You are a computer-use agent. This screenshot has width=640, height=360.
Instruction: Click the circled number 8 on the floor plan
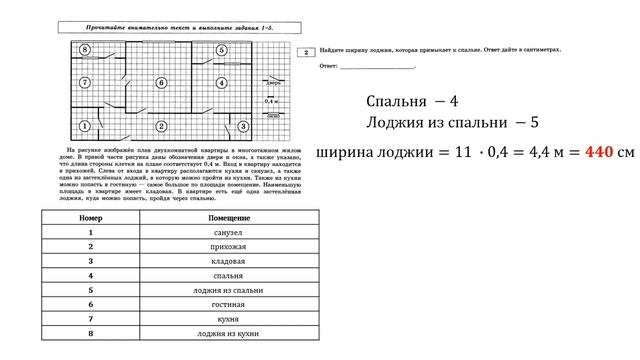pyautogui.click(x=85, y=48)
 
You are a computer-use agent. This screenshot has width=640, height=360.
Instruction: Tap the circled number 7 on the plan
pyautogui.click(x=85, y=82)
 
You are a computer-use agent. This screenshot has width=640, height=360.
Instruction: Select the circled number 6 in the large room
pyautogui.click(x=161, y=82)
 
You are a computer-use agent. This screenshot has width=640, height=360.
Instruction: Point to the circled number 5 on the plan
pyautogui.click(x=220, y=48)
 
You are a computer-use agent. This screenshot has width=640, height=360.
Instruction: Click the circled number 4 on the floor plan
pyautogui.click(x=220, y=82)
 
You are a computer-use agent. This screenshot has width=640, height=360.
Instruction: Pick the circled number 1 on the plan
pyautogui.click(x=84, y=126)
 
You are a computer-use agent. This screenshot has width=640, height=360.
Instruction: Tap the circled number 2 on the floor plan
pyautogui.click(x=161, y=126)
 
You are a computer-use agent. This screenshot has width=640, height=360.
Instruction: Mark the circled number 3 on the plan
pyautogui.click(x=242, y=126)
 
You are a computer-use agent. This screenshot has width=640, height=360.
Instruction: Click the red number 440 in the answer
pyautogui.click(x=597, y=154)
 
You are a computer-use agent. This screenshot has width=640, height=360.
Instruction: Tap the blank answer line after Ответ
pyautogui.click(x=377, y=68)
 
